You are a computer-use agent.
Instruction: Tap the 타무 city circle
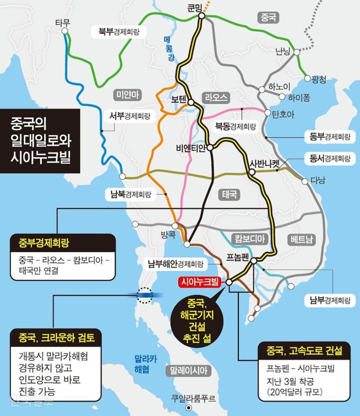[65, 31]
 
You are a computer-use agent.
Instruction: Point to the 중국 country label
[268, 17]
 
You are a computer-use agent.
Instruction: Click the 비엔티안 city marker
[210, 147]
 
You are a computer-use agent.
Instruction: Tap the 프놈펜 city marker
[254, 260]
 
